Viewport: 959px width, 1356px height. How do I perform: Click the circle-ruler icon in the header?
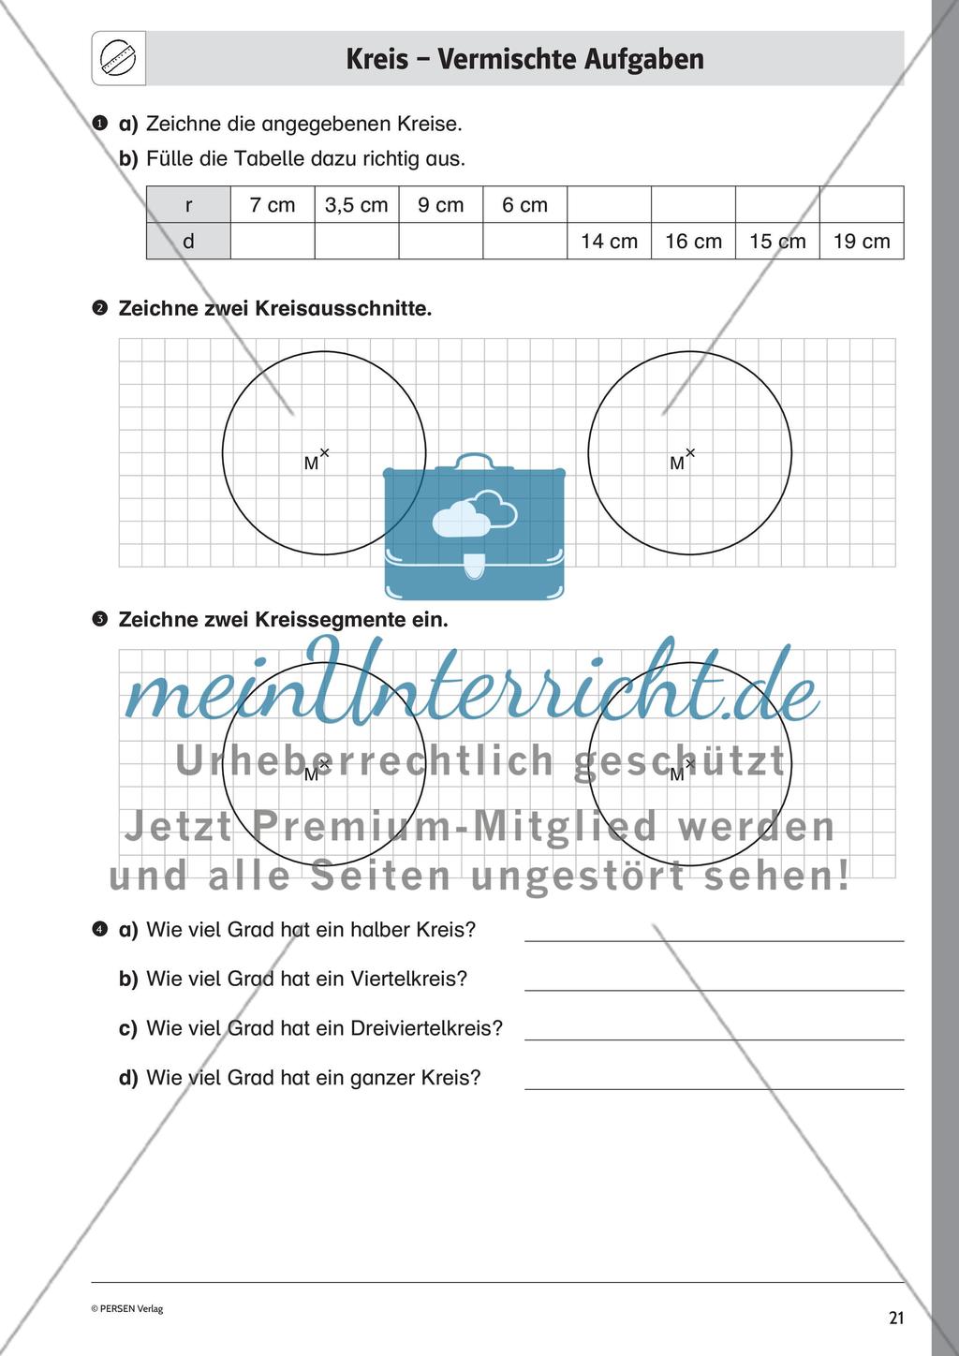tap(118, 60)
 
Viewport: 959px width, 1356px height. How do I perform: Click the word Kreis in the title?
tap(376, 59)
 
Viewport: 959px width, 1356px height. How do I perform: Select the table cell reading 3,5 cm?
tap(356, 205)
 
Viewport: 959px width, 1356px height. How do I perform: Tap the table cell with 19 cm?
tap(861, 242)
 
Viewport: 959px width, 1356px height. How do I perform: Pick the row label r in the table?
tap(188, 205)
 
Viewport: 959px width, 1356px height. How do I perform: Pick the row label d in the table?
tap(188, 242)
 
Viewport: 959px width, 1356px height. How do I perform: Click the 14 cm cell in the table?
tap(609, 242)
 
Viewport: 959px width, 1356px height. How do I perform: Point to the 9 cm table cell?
tap(440, 205)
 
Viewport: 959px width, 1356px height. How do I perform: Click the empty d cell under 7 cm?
tap(272, 242)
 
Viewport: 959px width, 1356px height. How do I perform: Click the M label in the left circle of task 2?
tap(311, 464)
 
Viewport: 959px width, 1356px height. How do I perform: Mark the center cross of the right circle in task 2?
tap(690, 452)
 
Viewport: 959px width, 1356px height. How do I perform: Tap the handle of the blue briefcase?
tap(475, 461)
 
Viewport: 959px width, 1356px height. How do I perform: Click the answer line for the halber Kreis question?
tap(714, 938)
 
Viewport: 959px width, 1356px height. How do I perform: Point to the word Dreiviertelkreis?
tap(426, 1028)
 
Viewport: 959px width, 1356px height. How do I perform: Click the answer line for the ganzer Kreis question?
tap(714, 1087)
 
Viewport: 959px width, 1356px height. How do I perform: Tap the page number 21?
tap(896, 1319)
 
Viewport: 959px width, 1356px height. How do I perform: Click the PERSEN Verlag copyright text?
tap(126, 1309)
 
